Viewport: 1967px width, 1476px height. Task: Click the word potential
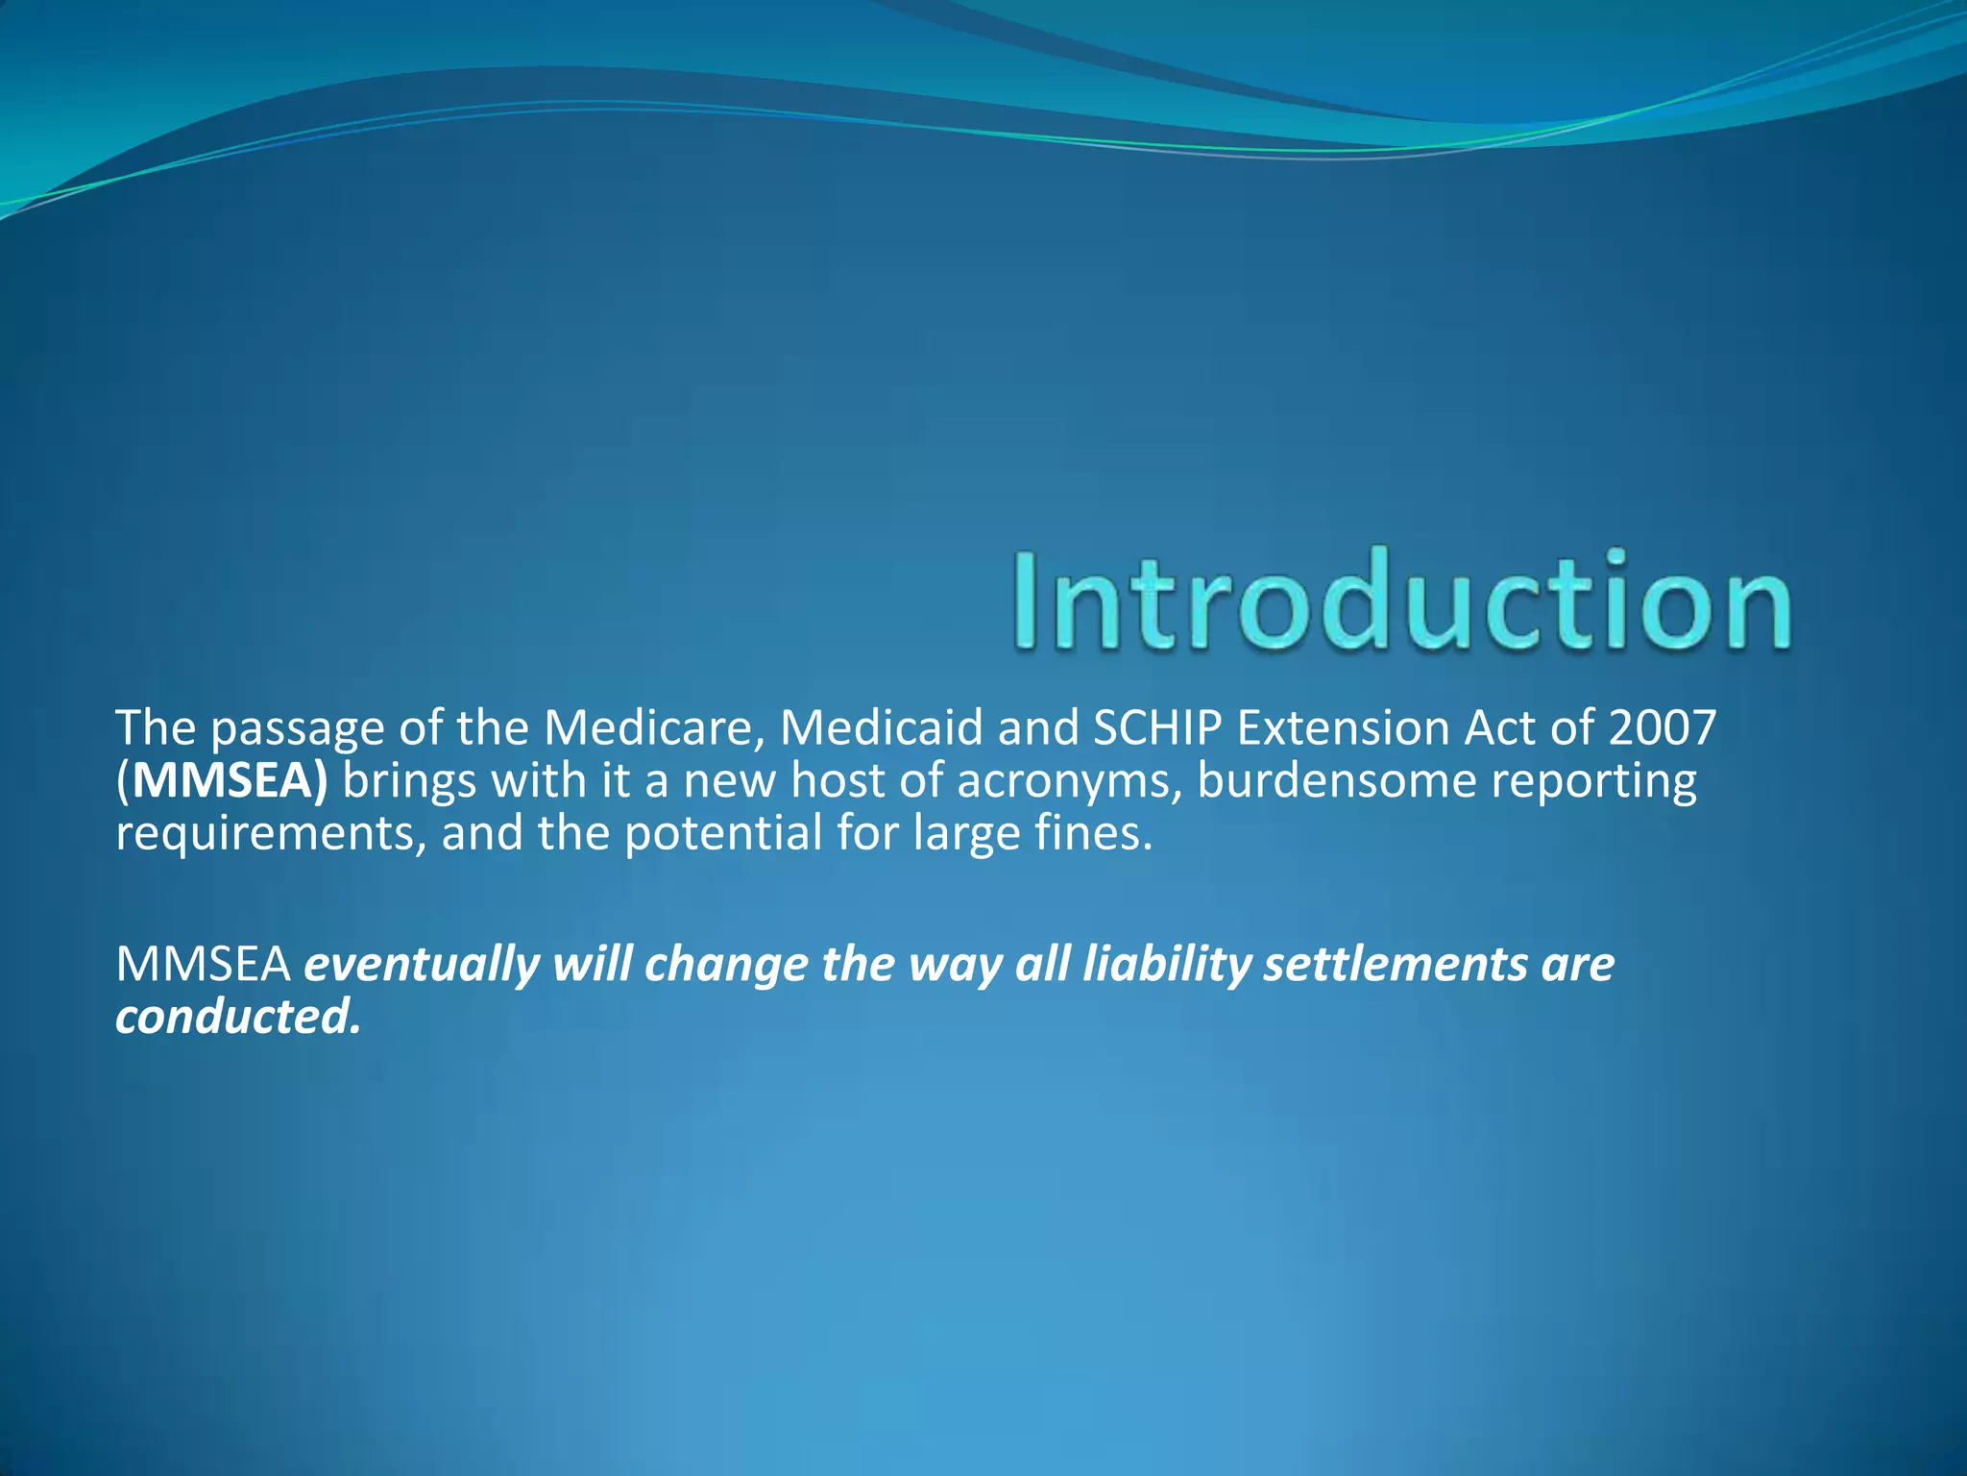point(722,833)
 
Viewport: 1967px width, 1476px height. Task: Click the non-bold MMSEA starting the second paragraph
point(203,964)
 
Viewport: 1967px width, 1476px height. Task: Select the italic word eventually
point(421,966)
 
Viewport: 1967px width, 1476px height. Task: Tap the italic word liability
point(1166,966)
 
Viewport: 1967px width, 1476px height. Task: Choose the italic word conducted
point(237,1017)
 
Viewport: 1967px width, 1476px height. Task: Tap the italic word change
point(726,966)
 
